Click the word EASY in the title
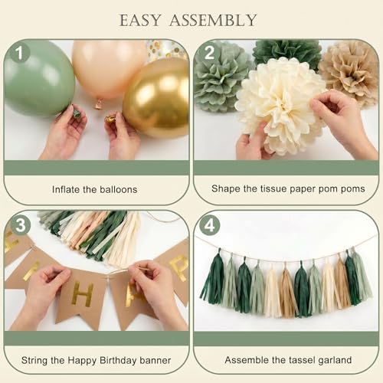point(140,21)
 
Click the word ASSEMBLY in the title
point(213,21)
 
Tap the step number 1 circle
point(19,53)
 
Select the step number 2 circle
point(209,53)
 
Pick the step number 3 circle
point(20,225)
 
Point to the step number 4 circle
point(209,225)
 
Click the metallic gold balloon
point(156,98)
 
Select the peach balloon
point(109,69)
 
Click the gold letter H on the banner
point(82,295)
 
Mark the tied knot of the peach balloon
point(98,103)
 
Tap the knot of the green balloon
point(77,113)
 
